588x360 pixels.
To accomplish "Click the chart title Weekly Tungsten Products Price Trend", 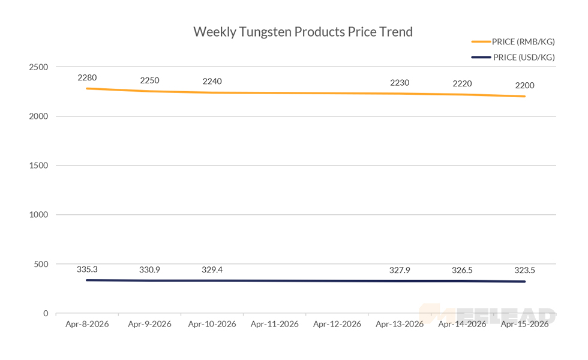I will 303,32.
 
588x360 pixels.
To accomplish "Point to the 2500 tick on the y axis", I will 38,67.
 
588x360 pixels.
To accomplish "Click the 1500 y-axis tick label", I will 38,166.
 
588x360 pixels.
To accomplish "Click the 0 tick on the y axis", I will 46,313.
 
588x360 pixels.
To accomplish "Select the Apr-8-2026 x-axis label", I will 87,324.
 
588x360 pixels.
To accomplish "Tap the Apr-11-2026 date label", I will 274,324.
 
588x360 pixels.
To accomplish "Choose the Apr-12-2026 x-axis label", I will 337,324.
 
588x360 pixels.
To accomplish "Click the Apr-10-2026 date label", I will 212,324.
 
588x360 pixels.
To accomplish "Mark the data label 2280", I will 87,77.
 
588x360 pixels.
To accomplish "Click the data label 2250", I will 149,80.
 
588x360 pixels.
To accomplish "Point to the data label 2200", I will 524,86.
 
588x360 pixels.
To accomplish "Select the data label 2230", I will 400,83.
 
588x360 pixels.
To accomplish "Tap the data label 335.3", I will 87,269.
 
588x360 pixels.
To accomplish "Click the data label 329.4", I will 212,270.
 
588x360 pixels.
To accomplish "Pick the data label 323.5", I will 524,271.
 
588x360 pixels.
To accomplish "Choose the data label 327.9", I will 400,271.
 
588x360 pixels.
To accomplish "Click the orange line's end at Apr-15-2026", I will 525,97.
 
